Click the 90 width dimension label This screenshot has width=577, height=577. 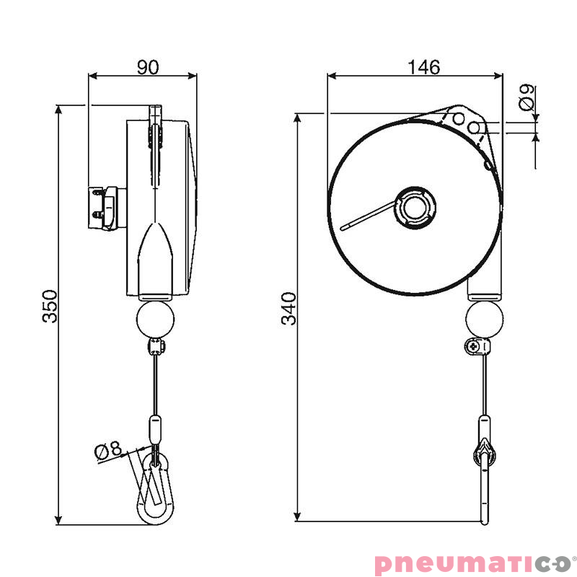pos(148,67)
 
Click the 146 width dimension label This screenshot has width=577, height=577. pos(423,67)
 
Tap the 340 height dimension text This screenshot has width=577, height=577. pos(288,309)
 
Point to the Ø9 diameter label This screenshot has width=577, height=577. pos(527,97)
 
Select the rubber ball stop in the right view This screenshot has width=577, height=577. pos(484,319)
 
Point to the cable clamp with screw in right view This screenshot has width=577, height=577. pos(477,346)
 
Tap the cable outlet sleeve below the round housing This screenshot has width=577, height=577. pos(484,290)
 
